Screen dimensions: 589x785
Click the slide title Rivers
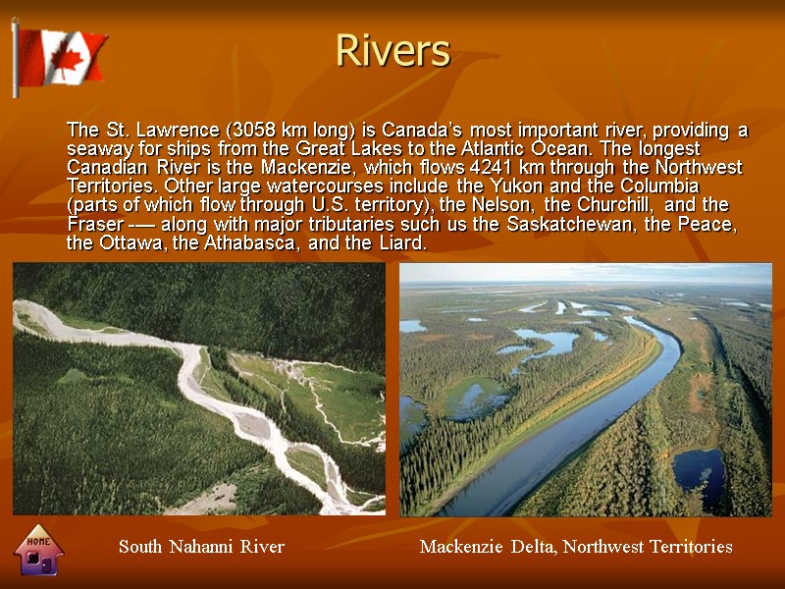[392, 50]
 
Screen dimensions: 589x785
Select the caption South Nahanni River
[201, 547]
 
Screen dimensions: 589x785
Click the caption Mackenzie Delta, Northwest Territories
[575, 547]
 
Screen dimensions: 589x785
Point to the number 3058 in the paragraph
[253, 131]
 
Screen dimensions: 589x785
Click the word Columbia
[662, 187]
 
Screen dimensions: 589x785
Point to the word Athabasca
[257, 243]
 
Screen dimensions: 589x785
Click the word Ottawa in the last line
[133, 243]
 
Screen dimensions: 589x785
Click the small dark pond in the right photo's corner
[699, 476]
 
